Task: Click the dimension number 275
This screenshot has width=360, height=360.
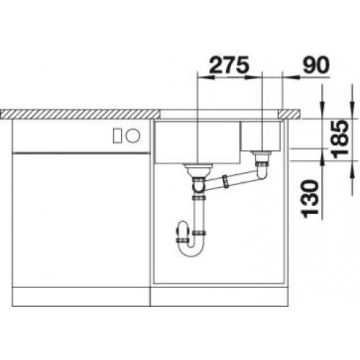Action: tap(228, 65)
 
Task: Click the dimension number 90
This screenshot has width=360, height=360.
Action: tap(316, 65)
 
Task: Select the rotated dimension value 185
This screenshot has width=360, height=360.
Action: tap(340, 140)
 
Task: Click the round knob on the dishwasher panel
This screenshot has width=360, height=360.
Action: tap(132, 136)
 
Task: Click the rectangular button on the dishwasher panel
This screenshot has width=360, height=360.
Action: tap(118, 136)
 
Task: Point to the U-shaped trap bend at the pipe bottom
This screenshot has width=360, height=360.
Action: tap(192, 250)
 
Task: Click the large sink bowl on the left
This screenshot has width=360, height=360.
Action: tap(197, 143)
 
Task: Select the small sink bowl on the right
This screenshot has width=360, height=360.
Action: tap(261, 136)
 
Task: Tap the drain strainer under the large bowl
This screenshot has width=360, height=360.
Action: tap(198, 170)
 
